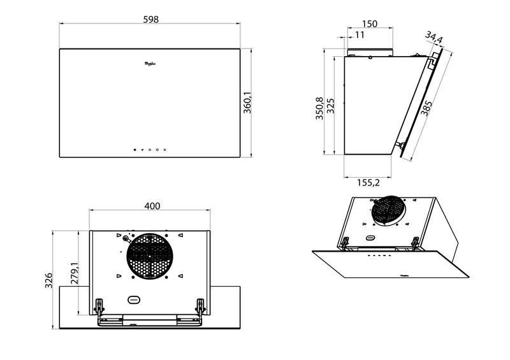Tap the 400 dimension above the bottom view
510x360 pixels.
(x=152, y=206)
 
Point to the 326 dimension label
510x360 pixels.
(x=48, y=278)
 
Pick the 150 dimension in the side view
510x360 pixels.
(x=369, y=24)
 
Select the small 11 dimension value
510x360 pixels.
(x=360, y=35)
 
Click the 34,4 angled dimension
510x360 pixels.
(x=434, y=40)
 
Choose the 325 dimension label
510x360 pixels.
(x=330, y=105)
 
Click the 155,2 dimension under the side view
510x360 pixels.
(x=368, y=183)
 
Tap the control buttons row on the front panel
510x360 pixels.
(x=150, y=150)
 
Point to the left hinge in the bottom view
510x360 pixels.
(x=99, y=306)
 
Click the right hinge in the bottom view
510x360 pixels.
(x=200, y=306)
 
